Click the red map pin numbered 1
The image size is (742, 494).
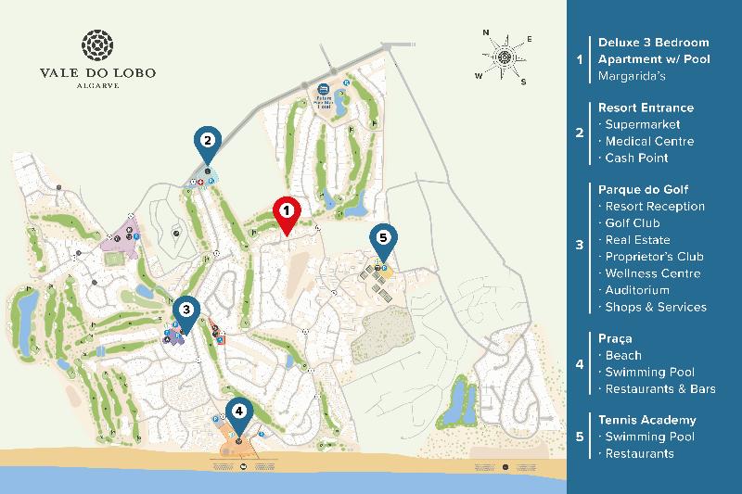[287, 212]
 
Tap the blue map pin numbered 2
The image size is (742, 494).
[208, 141]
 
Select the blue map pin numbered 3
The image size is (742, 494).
[186, 310]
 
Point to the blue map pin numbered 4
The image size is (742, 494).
[239, 410]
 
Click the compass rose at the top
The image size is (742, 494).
[505, 56]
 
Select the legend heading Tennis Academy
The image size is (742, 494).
[646, 420]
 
